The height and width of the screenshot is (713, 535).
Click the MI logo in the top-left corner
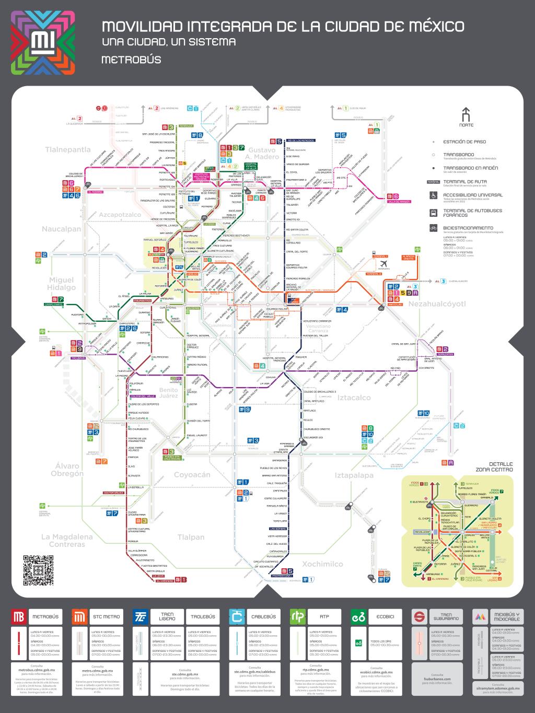click(43, 43)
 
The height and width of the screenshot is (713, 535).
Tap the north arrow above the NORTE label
click(466, 114)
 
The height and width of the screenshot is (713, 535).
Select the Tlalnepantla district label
click(68, 149)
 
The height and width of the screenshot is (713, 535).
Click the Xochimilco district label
click(322, 564)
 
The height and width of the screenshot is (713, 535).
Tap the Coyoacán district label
click(192, 474)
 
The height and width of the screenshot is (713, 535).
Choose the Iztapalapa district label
click(354, 475)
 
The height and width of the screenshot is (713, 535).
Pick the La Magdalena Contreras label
click(67, 540)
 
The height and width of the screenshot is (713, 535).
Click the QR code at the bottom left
click(39, 570)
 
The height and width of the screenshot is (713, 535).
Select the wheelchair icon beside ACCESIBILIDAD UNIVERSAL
click(433, 196)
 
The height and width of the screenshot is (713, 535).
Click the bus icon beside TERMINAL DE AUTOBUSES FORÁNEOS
click(433, 213)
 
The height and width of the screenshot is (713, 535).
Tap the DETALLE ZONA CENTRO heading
click(494, 466)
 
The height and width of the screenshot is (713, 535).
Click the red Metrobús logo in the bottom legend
click(19, 617)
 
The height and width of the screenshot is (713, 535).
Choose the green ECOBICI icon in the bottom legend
click(358, 617)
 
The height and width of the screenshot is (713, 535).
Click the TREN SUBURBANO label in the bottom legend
click(446, 617)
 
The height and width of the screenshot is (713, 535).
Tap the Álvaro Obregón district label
click(67, 470)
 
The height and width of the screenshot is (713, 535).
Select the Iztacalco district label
click(354, 398)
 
